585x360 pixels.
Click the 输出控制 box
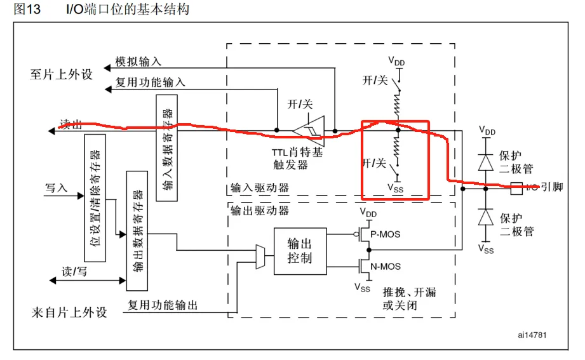(x=300, y=251)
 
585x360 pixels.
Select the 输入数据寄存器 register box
(x=167, y=148)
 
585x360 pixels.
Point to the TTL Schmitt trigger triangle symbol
(x=309, y=129)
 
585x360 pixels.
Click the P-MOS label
(x=385, y=234)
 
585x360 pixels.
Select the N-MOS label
(x=385, y=267)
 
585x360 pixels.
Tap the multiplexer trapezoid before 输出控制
(x=260, y=257)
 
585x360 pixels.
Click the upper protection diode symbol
(x=487, y=162)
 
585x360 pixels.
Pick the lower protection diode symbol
(x=487, y=218)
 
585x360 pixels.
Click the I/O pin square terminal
(x=516, y=187)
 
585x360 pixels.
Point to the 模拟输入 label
(x=138, y=62)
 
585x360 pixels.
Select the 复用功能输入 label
(x=150, y=82)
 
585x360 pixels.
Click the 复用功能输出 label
(x=163, y=305)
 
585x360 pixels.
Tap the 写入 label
(x=55, y=189)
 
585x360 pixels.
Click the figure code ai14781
(x=532, y=334)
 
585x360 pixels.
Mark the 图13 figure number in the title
(x=27, y=10)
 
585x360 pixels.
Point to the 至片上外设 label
(x=61, y=74)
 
